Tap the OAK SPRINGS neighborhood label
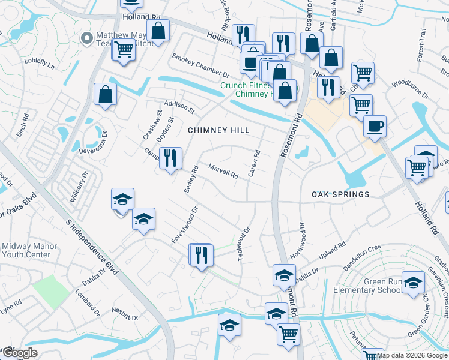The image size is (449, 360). [340, 194]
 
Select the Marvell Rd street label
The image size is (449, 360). [223, 171]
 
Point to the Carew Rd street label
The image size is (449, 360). [255, 163]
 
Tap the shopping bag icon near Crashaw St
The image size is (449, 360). [106, 95]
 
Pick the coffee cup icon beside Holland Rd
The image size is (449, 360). [375, 127]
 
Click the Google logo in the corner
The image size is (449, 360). [20, 353]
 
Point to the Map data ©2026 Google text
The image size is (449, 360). [412, 355]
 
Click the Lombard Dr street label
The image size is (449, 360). [88, 303]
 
